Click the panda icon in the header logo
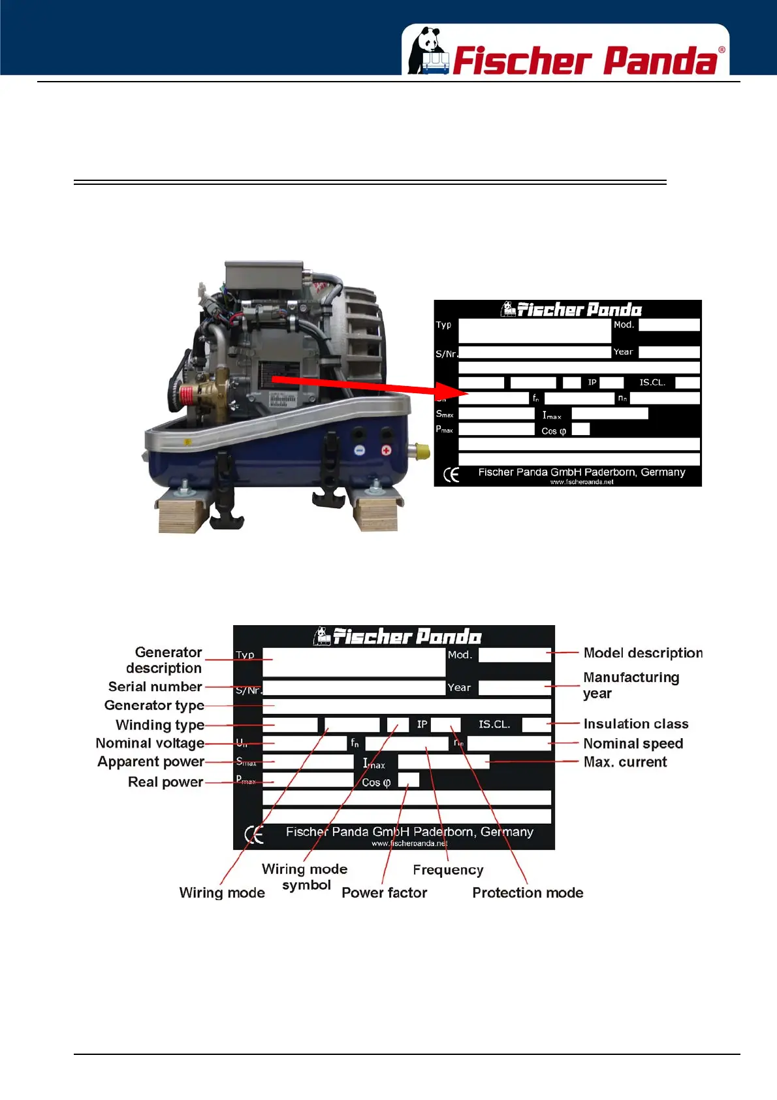click(x=428, y=51)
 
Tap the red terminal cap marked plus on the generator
click(x=386, y=450)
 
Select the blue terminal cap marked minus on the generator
click(x=359, y=450)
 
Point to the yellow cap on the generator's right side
click(x=422, y=450)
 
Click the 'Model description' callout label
click(x=642, y=653)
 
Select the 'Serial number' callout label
click(x=155, y=687)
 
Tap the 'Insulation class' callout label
click(x=635, y=724)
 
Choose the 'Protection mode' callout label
click(x=528, y=892)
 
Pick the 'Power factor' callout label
click(x=384, y=892)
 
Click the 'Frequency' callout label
click(x=448, y=870)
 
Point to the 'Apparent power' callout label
click(x=151, y=762)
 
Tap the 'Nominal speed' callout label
click(x=633, y=743)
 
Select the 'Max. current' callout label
click(x=625, y=762)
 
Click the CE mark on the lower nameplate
click(x=253, y=834)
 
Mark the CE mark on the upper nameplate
click(x=451, y=475)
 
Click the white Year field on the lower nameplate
click(x=515, y=687)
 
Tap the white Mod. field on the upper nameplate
click(x=669, y=325)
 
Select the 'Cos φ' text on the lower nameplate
click(x=376, y=782)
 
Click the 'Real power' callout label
click(x=165, y=782)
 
